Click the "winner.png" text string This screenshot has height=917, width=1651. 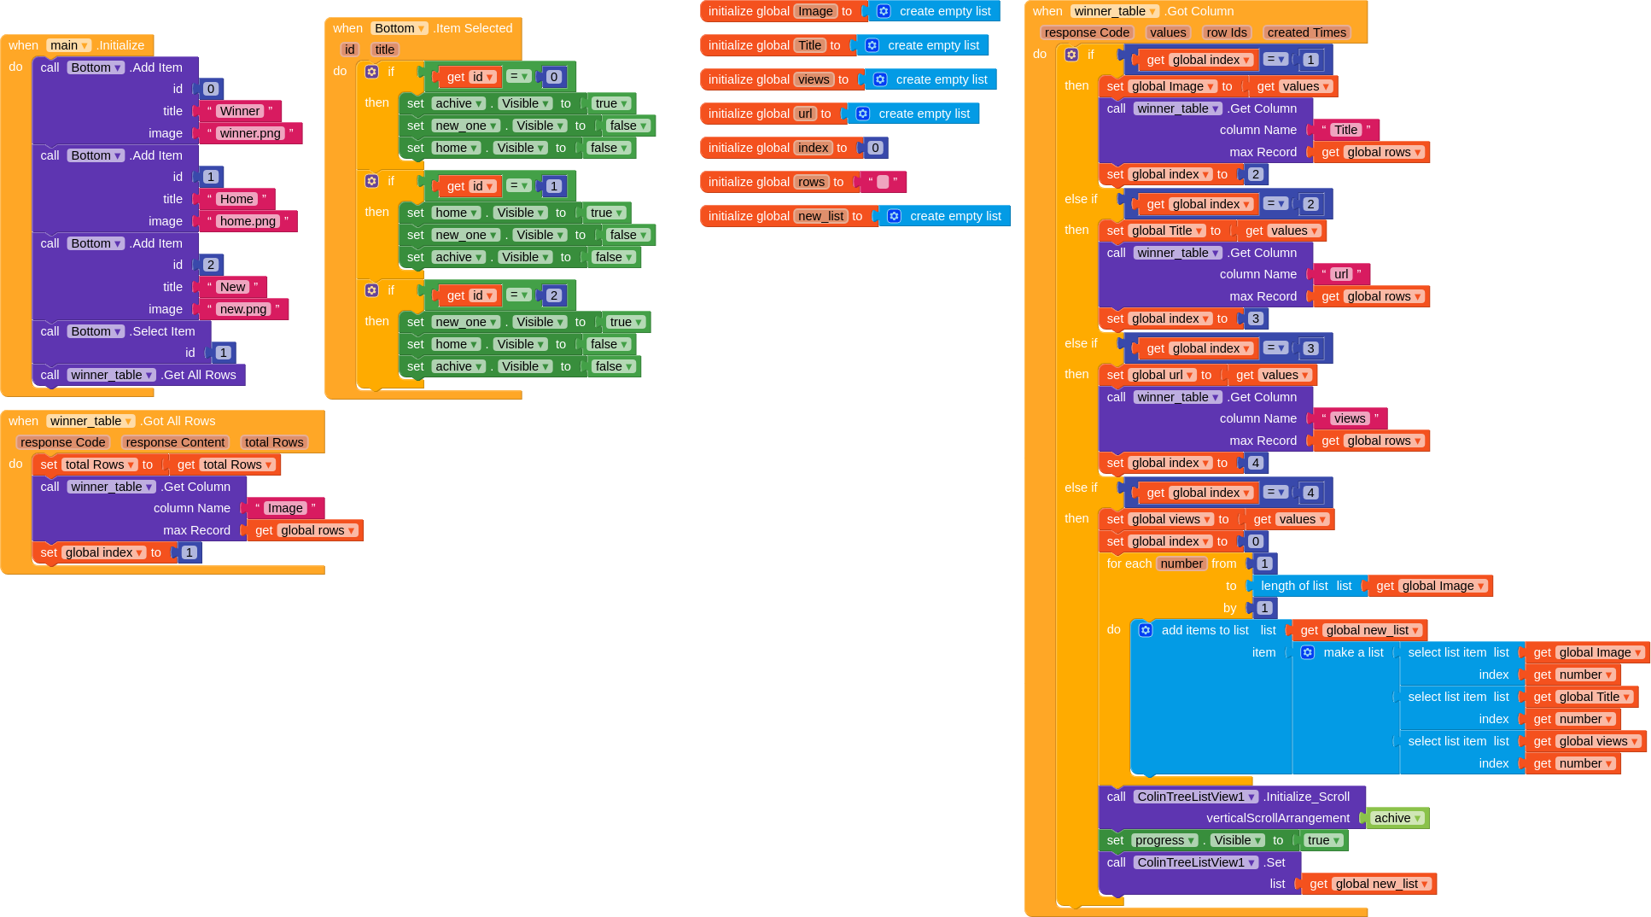click(250, 133)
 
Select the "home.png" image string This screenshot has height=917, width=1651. click(248, 221)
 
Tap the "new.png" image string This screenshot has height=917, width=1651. click(243, 309)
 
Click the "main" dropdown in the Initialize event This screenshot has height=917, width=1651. click(68, 45)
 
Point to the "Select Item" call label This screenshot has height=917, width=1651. click(163, 331)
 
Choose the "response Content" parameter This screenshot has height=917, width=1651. click(175, 442)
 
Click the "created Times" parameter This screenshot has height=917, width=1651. click(1306, 32)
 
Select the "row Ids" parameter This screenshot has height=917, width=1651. click(1226, 32)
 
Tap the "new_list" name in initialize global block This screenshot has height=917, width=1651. click(822, 216)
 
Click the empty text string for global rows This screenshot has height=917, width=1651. click(883, 182)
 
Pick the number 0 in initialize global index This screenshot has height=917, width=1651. click(874, 148)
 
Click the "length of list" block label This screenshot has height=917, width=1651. click(1294, 586)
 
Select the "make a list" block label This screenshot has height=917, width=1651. click(1353, 652)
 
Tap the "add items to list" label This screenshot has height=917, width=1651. click(1205, 630)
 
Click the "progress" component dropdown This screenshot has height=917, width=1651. click(1164, 840)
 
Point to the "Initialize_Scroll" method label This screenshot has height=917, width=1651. click(1307, 797)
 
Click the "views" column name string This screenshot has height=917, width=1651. click(1349, 418)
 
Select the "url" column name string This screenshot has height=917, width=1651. click(1341, 274)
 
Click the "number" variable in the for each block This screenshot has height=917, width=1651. click(1181, 564)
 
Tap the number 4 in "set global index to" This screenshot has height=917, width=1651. click(1255, 463)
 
